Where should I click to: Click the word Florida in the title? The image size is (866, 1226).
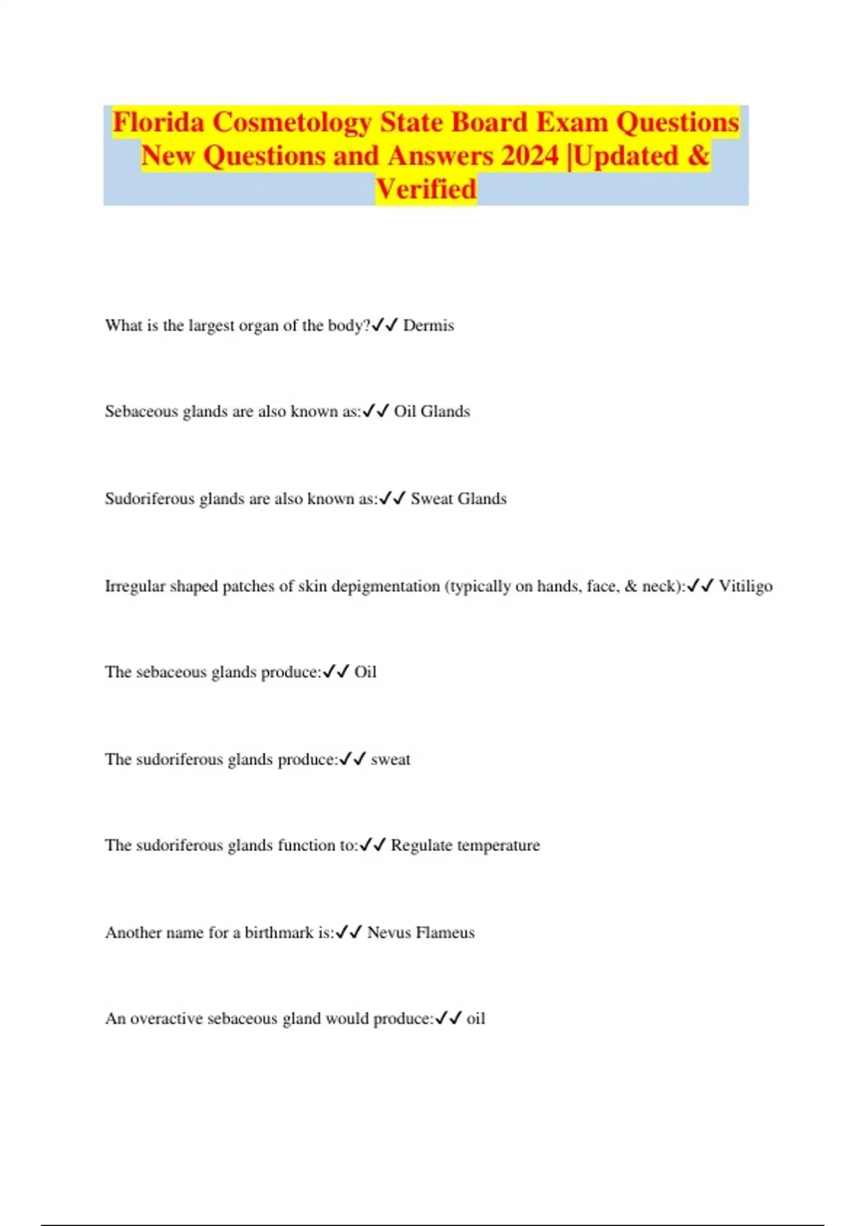(159, 123)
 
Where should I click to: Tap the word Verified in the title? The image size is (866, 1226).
(426, 189)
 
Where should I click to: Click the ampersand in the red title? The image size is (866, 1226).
(698, 156)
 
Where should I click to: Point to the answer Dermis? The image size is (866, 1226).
(429, 325)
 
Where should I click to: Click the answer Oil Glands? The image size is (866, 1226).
(432, 411)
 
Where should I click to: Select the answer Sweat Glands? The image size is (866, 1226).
(458, 498)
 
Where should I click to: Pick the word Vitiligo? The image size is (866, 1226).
(745, 586)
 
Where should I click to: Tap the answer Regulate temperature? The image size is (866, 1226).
(465, 845)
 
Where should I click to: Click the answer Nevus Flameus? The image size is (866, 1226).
(421, 932)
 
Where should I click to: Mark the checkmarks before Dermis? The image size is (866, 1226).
(385, 325)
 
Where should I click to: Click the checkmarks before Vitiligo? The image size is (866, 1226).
(701, 586)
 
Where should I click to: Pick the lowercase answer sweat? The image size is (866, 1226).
(390, 759)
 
